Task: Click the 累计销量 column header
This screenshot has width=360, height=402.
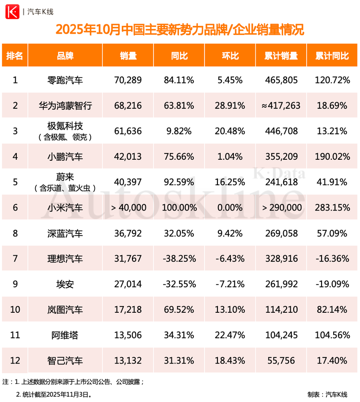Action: click(x=281, y=56)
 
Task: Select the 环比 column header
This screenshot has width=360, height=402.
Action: click(x=230, y=56)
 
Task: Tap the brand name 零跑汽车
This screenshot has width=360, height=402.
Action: click(x=65, y=80)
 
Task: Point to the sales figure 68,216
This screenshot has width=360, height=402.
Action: click(x=128, y=106)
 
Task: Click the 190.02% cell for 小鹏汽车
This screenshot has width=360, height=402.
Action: click(x=332, y=156)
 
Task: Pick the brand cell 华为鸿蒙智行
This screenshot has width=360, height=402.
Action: click(x=65, y=106)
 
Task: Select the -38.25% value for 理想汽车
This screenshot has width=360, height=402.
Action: click(x=179, y=259)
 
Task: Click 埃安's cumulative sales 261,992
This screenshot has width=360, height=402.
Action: click(x=281, y=284)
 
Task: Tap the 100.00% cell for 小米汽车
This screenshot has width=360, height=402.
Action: click(x=179, y=208)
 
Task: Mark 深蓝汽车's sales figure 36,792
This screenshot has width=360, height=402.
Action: click(x=128, y=233)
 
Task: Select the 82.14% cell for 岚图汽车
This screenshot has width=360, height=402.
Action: click(x=332, y=309)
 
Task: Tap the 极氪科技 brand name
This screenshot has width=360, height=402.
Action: click(x=65, y=127)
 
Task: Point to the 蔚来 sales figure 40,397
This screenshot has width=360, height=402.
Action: click(x=128, y=182)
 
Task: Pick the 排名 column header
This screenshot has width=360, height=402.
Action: click(x=15, y=56)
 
